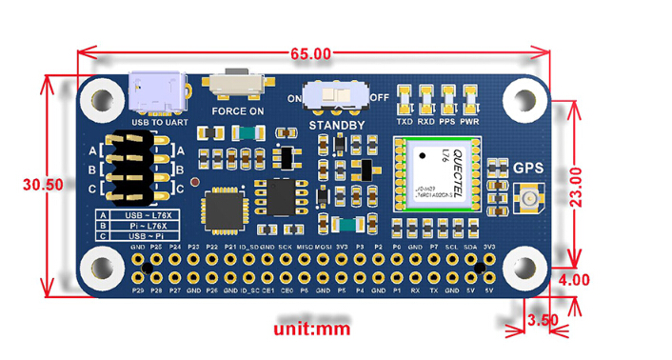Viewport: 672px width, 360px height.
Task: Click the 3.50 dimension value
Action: [x=541, y=320]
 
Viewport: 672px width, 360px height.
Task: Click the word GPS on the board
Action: [x=528, y=169]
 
